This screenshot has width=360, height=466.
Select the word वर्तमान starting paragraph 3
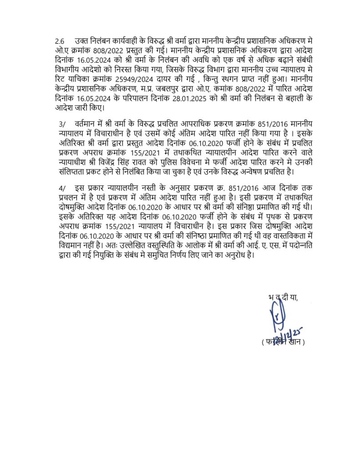89,123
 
